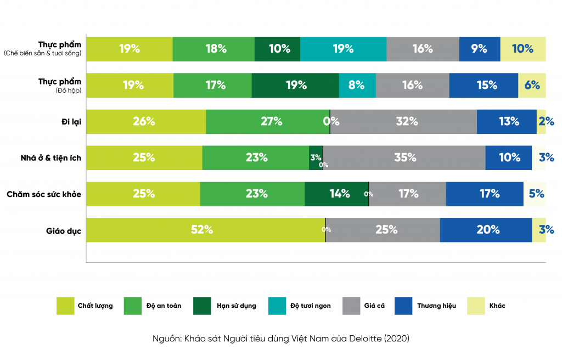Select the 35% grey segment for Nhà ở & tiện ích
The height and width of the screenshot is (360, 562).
[404, 157]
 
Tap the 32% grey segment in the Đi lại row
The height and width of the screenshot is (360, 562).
[403, 122]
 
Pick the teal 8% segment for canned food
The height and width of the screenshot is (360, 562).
[357, 85]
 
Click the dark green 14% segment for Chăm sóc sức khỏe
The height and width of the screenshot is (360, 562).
[336, 193]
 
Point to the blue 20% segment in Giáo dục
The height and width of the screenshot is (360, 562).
[486, 230]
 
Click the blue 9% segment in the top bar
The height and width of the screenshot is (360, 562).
[480, 49]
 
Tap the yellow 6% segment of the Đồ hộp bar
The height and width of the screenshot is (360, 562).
[532, 85]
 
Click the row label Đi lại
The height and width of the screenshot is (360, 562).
[71, 122]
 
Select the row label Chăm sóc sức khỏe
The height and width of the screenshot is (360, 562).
[44, 194]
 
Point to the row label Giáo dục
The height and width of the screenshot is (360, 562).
[64, 230]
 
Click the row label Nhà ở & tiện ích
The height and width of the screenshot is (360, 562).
[51, 158]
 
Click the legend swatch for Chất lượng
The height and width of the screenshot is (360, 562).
[65, 306]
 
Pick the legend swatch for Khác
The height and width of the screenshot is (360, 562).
[476, 306]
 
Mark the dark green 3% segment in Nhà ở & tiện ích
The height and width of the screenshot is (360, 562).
[316, 157]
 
